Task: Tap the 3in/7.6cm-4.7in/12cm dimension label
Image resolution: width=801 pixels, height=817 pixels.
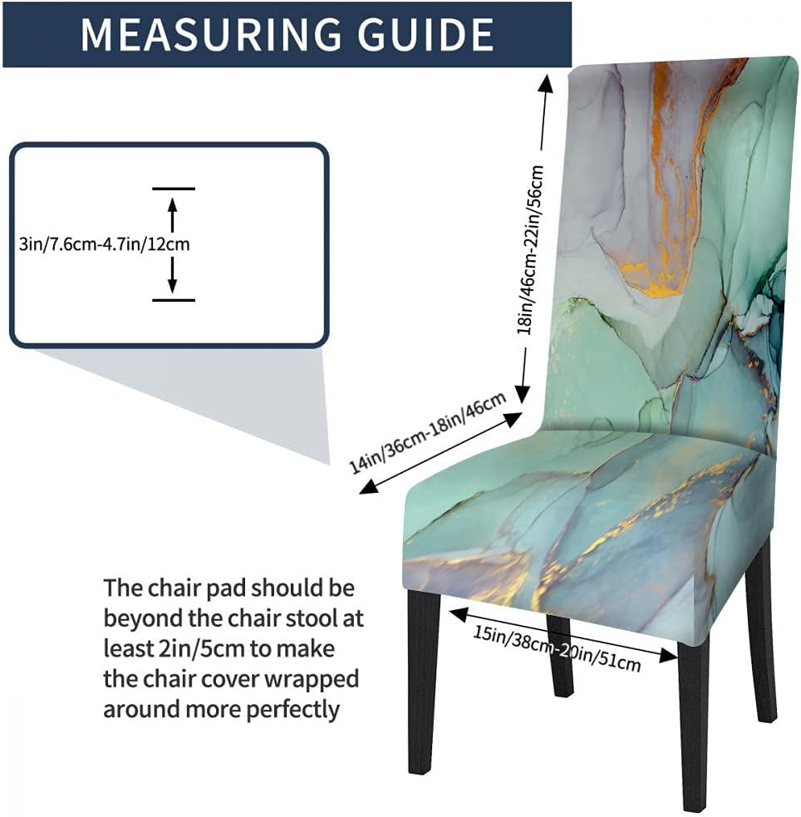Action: tap(105, 244)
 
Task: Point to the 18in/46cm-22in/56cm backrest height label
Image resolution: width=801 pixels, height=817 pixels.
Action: tap(530, 249)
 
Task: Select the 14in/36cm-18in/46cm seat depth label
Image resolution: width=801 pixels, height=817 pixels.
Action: tap(429, 432)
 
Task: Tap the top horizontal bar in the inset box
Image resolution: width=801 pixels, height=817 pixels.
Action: tap(173, 189)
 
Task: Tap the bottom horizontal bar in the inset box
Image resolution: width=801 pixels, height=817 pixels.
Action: tap(173, 300)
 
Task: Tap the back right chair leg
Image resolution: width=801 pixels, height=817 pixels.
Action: tap(760, 632)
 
